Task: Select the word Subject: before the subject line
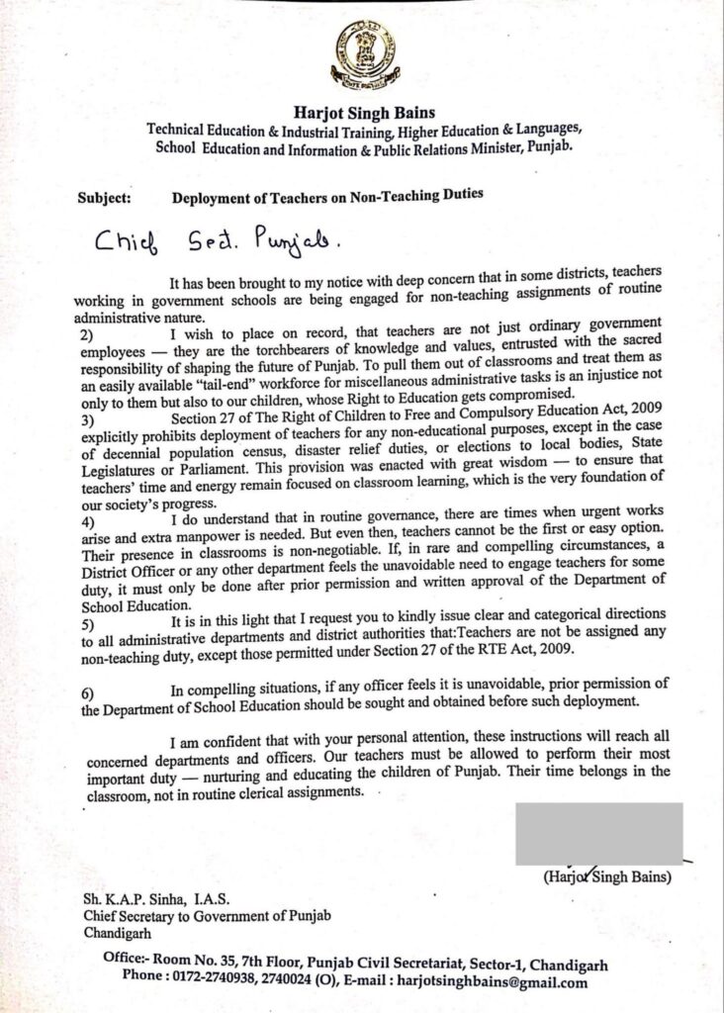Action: tap(102, 196)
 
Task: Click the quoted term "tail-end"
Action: tap(228, 385)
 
